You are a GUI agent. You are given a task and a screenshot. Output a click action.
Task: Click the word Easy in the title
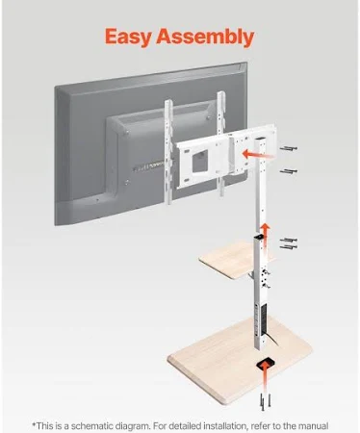(x=128, y=37)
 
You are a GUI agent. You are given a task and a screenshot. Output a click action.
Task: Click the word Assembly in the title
(x=205, y=37)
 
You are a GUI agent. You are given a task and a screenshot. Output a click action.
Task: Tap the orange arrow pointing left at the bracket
(x=258, y=154)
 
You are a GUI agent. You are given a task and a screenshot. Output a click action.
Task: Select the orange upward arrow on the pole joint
(x=265, y=235)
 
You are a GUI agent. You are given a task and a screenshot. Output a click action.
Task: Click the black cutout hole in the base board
(x=266, y=364)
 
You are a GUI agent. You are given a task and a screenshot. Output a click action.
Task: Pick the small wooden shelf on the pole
(x=236, y=260)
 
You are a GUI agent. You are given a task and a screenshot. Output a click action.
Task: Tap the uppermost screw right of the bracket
(x=289, y=148)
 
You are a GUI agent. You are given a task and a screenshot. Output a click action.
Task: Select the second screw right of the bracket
(x=289, y=171)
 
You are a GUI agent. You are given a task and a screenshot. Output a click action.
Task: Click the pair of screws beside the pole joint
(x=289, y=243)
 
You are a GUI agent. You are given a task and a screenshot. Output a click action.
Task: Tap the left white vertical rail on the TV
(x=168, y=151)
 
